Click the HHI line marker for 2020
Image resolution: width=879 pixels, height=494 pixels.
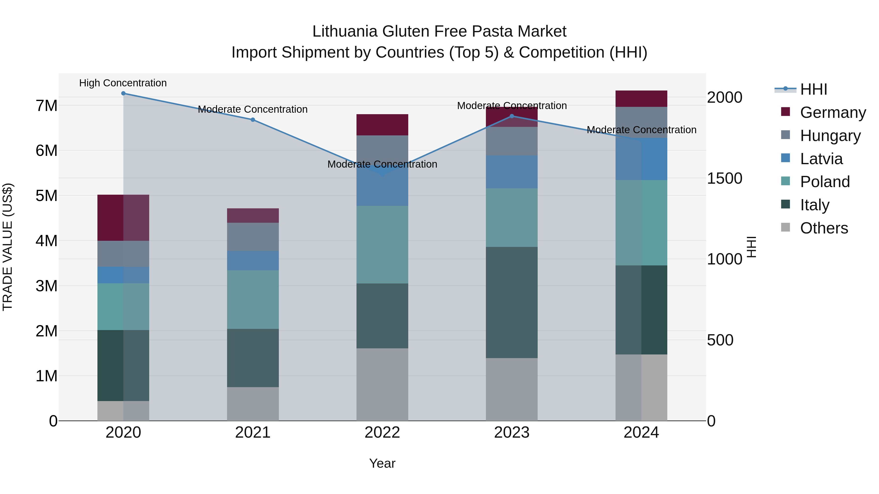tap(123, 93)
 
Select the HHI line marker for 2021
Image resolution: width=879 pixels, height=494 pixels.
tap(253, 120)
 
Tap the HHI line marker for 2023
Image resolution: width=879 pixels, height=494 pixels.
tap(512, 116)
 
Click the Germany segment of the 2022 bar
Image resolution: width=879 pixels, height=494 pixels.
tap(382, 125)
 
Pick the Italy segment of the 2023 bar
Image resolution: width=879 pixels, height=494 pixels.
tap(512, 302)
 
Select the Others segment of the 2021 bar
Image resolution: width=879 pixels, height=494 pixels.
tap(253, 404)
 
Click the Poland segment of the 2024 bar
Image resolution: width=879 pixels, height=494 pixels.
tap(641, 223)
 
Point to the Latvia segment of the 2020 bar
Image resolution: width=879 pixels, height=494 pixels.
tap(123, 275)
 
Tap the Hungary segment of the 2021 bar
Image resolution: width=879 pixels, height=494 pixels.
tap(253, 237)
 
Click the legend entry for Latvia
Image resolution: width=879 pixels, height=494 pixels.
tap(821, 159)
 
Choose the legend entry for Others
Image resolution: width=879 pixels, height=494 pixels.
tap(824, 228)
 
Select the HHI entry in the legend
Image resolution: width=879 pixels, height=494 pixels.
tap(814, 89)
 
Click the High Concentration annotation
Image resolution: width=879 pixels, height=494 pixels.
tap(123, 83)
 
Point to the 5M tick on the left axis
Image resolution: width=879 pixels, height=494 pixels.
tap(46, 196)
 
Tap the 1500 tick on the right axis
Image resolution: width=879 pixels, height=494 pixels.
tap(724, 178)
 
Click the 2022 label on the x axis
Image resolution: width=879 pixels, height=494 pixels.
tap(382, 433)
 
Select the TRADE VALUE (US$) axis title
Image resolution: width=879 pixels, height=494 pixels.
tap(8, 247)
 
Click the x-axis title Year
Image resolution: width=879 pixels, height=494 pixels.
tap(382, 463)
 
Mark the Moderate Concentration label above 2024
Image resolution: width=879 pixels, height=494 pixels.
tap(641, 130)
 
